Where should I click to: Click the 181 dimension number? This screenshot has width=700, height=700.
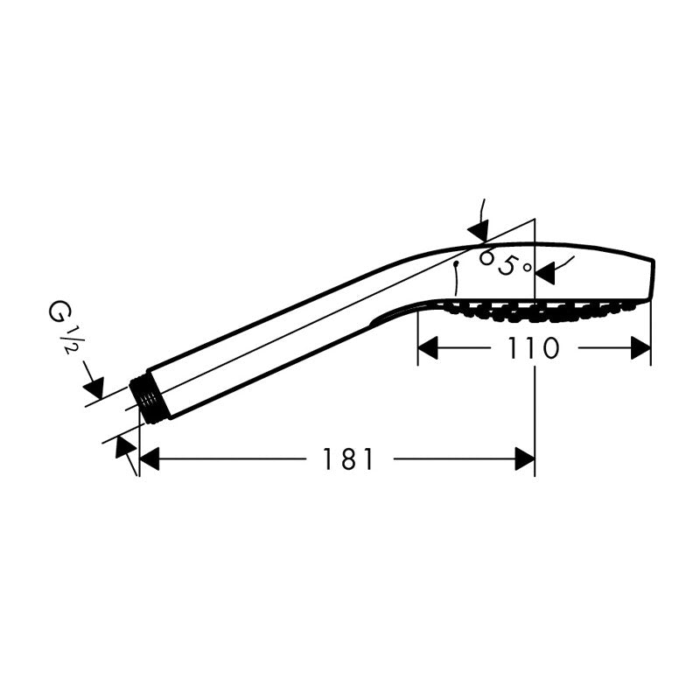(347, 458)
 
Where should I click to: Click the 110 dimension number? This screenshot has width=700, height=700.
(534, 347)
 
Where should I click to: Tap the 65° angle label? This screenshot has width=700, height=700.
(505, 262)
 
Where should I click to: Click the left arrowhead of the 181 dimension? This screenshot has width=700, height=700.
(150, 458)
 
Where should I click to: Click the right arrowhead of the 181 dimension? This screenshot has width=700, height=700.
(524, 458)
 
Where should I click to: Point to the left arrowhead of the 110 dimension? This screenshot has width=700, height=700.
(428, 347)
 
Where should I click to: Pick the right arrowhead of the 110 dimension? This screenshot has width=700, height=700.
(640, 347)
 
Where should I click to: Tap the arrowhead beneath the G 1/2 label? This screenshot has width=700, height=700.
(94, 388)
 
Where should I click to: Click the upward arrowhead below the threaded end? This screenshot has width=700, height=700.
(125, 447)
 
